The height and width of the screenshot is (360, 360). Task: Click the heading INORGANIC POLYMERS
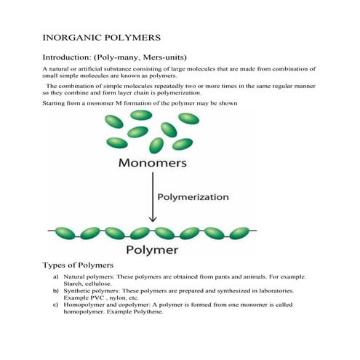[102, 36]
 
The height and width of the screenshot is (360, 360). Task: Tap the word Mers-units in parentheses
[180, 55]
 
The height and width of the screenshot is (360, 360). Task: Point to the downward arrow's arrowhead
[151, 219]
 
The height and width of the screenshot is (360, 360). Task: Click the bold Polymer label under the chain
[152, 251]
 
